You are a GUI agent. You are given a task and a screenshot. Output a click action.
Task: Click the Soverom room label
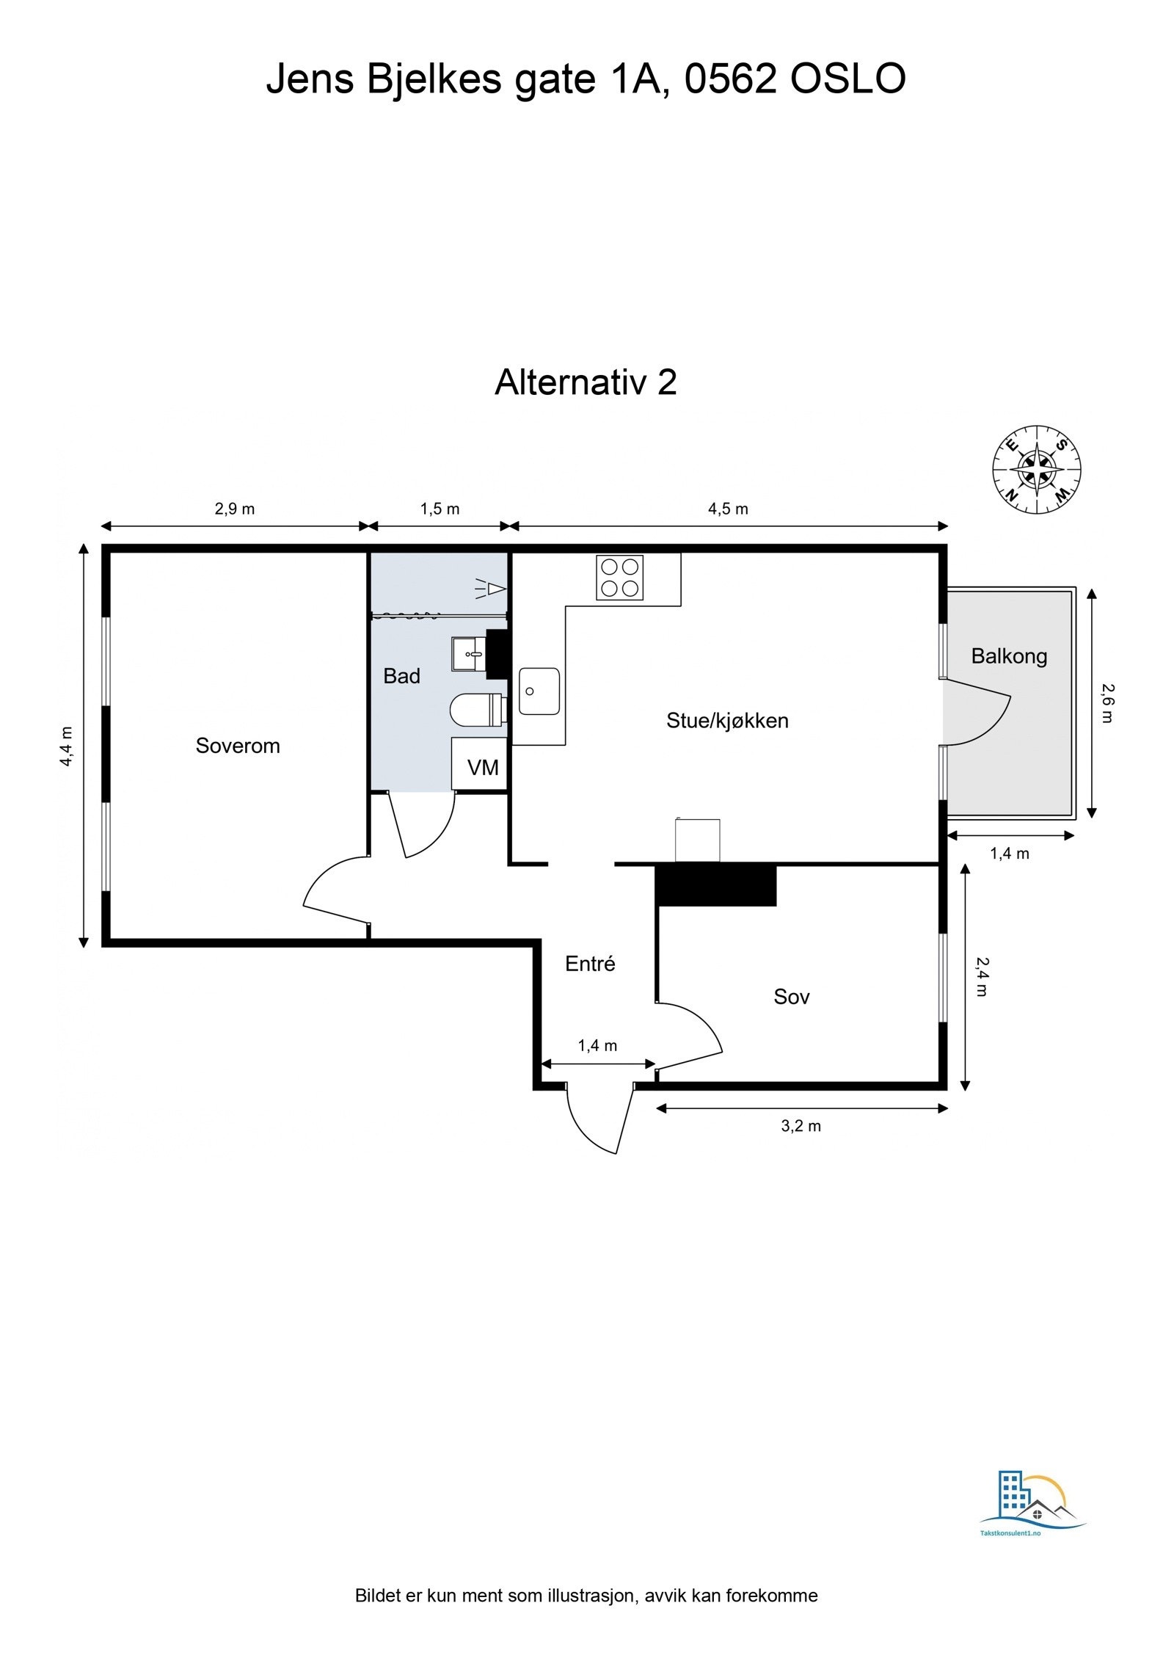tap(237, 746)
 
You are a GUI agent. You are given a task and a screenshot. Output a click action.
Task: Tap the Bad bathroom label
tap(401, 676)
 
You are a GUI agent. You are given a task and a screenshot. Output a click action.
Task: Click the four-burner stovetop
tap(619, 578)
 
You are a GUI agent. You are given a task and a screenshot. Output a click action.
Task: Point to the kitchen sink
tap(539, 691)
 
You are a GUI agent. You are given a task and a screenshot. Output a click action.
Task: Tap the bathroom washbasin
tap(469, 654)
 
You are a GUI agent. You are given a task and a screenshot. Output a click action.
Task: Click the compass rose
tap(1036, 470)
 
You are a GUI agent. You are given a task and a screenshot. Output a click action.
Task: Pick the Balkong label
tap(1008, 656)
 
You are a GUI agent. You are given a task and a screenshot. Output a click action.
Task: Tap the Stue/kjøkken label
tap(726, 720)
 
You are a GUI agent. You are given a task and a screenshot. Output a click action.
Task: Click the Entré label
tap(589, 964)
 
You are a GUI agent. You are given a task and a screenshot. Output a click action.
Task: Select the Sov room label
tap(791, 996)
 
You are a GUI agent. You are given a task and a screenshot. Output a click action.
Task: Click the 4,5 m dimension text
tap(727, 509)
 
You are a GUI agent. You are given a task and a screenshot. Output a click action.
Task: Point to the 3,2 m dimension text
tap(800, 1126)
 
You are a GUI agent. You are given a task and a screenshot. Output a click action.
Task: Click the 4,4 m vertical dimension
tap(67, 746)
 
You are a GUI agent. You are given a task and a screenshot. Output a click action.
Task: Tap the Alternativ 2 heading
tap(585, 382)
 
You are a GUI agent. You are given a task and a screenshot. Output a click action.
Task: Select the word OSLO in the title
tap(847, 79)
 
